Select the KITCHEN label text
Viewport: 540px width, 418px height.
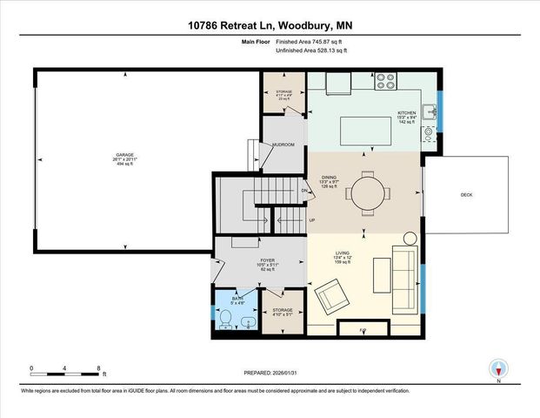(x=408, y=113)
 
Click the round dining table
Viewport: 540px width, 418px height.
(x=365, y=192)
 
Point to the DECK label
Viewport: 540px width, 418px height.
(x=466, y=195)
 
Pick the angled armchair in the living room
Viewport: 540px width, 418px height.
(x=332, y=296)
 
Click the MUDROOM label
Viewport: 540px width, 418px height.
(x=283, y=145)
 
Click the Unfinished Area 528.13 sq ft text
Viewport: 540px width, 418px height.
(x=311, y=51)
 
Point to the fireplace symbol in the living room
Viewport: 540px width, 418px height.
(x=363, y=330)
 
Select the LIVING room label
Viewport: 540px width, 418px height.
(x=343, y=253)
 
